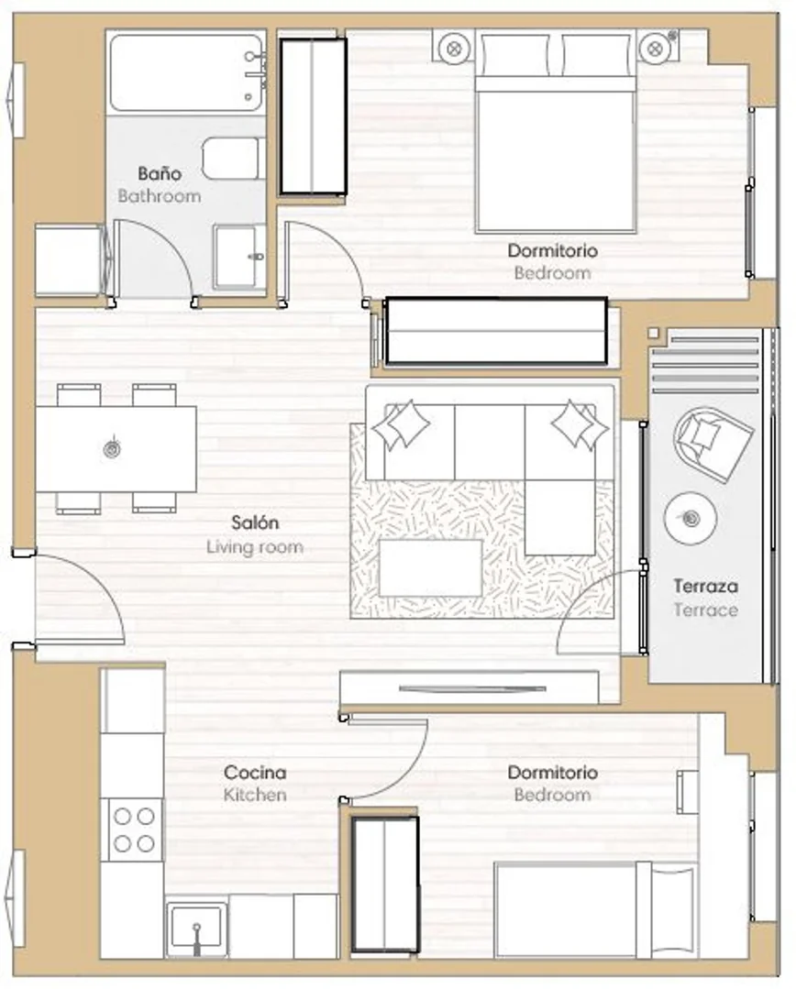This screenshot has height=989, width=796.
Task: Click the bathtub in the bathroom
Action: point(186,72)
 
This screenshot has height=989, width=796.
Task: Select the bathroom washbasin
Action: point(240,257)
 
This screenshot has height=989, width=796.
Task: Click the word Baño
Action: point(160,173)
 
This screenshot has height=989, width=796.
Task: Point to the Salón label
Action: point(255,522)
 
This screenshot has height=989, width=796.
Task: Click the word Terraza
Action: point(706,586)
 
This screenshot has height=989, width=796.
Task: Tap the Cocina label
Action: point(255,772)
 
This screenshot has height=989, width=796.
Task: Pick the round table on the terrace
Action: point(691,518)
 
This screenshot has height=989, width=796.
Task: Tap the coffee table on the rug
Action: point(430,567)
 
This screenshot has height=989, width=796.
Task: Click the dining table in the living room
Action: point(116,449)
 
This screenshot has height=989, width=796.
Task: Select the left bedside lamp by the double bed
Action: point(454,48)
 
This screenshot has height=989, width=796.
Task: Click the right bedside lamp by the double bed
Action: point(655,48)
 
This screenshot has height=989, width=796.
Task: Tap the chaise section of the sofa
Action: point(560,517)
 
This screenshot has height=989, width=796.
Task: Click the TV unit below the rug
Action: point(469,687)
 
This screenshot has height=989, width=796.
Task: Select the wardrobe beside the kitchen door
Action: point(385,885)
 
